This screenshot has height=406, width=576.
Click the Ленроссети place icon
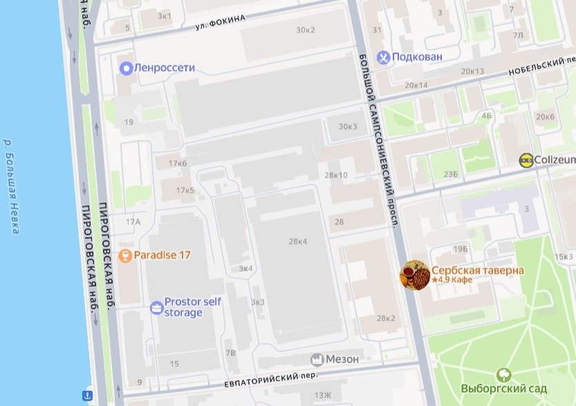(x=126, y=68)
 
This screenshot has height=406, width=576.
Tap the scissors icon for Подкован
(x=382, y=57)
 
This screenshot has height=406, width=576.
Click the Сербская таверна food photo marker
(x=415, y=275)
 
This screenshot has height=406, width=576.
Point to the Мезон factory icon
(x=317, y=359)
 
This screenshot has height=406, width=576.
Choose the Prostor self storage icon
(x=156, y=307)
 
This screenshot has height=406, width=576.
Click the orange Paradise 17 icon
(x=125, y=255)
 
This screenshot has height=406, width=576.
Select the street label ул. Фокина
(x=219, y=23)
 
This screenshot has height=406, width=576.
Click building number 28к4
(x=297, y=241)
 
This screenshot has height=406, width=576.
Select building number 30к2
(x=305, y=30)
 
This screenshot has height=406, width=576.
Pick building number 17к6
(x=177, y=164)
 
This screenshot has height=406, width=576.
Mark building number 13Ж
(x=322, y=395)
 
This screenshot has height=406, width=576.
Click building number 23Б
(x=451, y=174)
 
